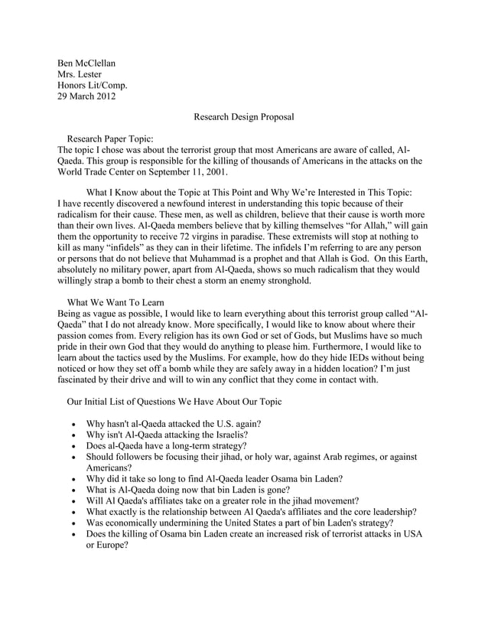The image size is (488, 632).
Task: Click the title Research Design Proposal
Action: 244,118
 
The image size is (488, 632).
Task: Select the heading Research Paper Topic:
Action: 111,138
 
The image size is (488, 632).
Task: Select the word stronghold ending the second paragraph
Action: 281,279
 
